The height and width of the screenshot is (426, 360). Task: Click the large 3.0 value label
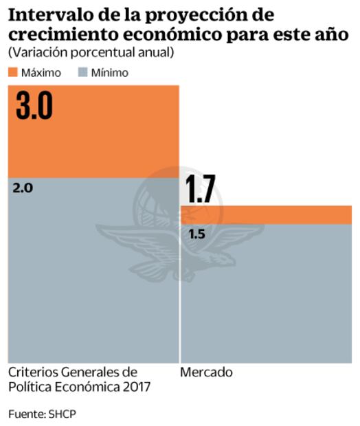click(x=34, y=106)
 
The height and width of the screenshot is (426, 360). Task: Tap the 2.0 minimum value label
click(x=23, y=188)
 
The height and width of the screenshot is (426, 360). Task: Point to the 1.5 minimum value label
click(x=196, y=234)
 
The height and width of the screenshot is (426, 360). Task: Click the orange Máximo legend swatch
click(x=13, y=72)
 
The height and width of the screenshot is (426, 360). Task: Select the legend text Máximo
click(x=41, y=72)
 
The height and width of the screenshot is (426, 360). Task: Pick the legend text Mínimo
click(x=109, y=72)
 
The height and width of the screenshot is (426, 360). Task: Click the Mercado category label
click(x=206, y=372)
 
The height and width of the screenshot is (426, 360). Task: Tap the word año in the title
click(x=333, y=34)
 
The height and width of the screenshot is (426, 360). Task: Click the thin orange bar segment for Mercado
click(x=266, y=214)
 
